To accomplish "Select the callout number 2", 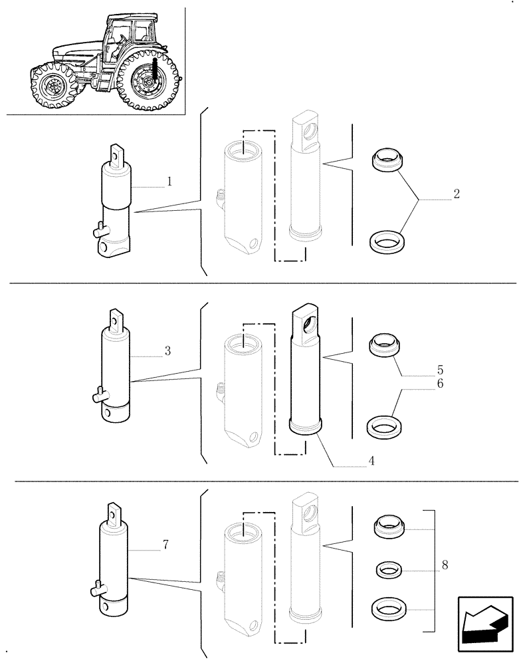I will point(456,195).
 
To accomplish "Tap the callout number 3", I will point(167,350).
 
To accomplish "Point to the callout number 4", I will point(371,460).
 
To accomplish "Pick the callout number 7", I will point(165,545).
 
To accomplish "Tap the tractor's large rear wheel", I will point(150,83).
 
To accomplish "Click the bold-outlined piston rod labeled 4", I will point(306,372).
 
